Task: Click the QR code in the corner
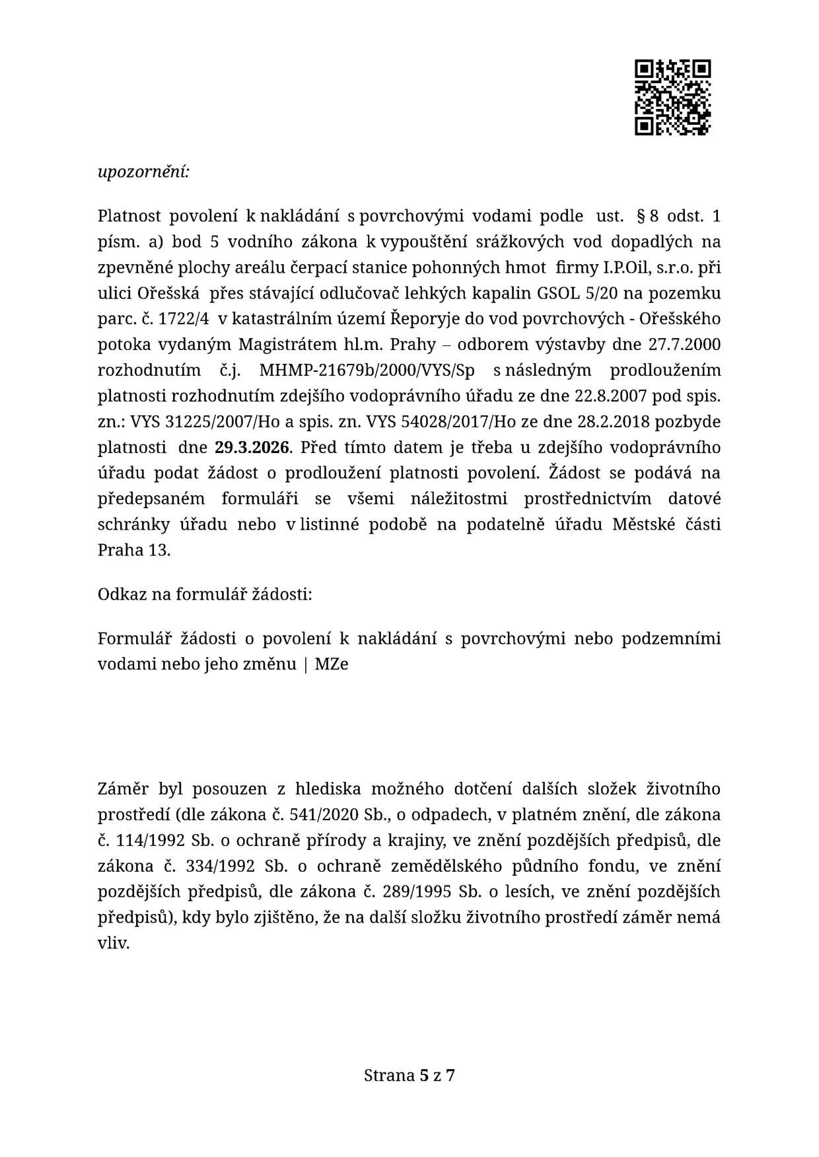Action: [672, 97]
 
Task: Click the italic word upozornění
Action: [143, 172]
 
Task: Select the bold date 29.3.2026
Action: [252, 447]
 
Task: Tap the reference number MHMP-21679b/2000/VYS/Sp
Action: [367, 370]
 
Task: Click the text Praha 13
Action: [133, 549]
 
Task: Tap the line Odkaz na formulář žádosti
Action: [205, 594]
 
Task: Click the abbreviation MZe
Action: [332, 664]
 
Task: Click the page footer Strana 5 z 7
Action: [409, 1075]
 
